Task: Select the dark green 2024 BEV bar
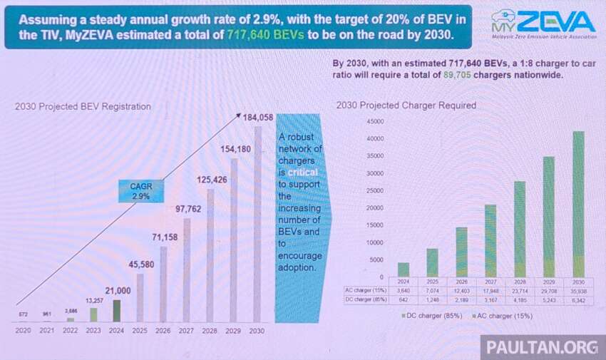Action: (116, 310)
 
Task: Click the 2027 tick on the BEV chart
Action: (187, 331)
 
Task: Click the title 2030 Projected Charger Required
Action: (406, 106)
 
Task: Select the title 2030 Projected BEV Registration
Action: (83, 107)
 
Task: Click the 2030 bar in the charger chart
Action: (577, 203)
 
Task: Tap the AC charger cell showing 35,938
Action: (577, 290)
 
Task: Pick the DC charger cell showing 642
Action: (404, 300)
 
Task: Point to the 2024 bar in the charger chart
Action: (404, 269)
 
